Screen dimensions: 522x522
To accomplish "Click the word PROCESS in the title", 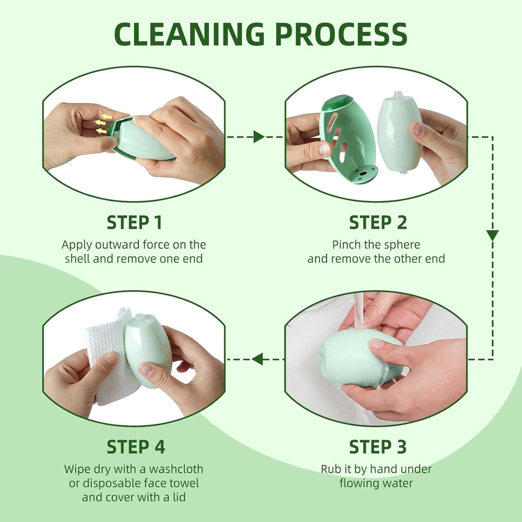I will (341, 34).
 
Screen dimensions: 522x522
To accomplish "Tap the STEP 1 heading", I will (134, 223).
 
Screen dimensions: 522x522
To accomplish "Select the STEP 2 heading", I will (378, 223).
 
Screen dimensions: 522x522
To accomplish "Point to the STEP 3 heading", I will (378, 447).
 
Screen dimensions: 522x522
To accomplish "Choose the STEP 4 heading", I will (135, 447).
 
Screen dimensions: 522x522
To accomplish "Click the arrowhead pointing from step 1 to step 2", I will (258, 137).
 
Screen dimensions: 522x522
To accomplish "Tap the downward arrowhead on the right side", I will (492, 235).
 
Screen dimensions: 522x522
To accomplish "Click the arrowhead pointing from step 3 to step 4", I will (257, 359).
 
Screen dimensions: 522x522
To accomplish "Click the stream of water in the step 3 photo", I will (358, 311).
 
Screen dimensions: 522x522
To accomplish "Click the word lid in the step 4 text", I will (179, 497).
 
